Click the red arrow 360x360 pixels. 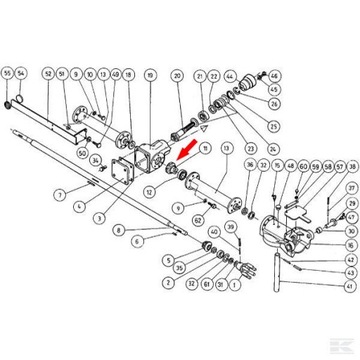point(184,154)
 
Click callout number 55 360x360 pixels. point(8,74)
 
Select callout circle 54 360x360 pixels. point(22,74)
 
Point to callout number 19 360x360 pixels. point(150,75)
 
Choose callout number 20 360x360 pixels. point(177,75)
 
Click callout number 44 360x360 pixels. point(230,75)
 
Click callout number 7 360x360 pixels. point(59,193)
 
